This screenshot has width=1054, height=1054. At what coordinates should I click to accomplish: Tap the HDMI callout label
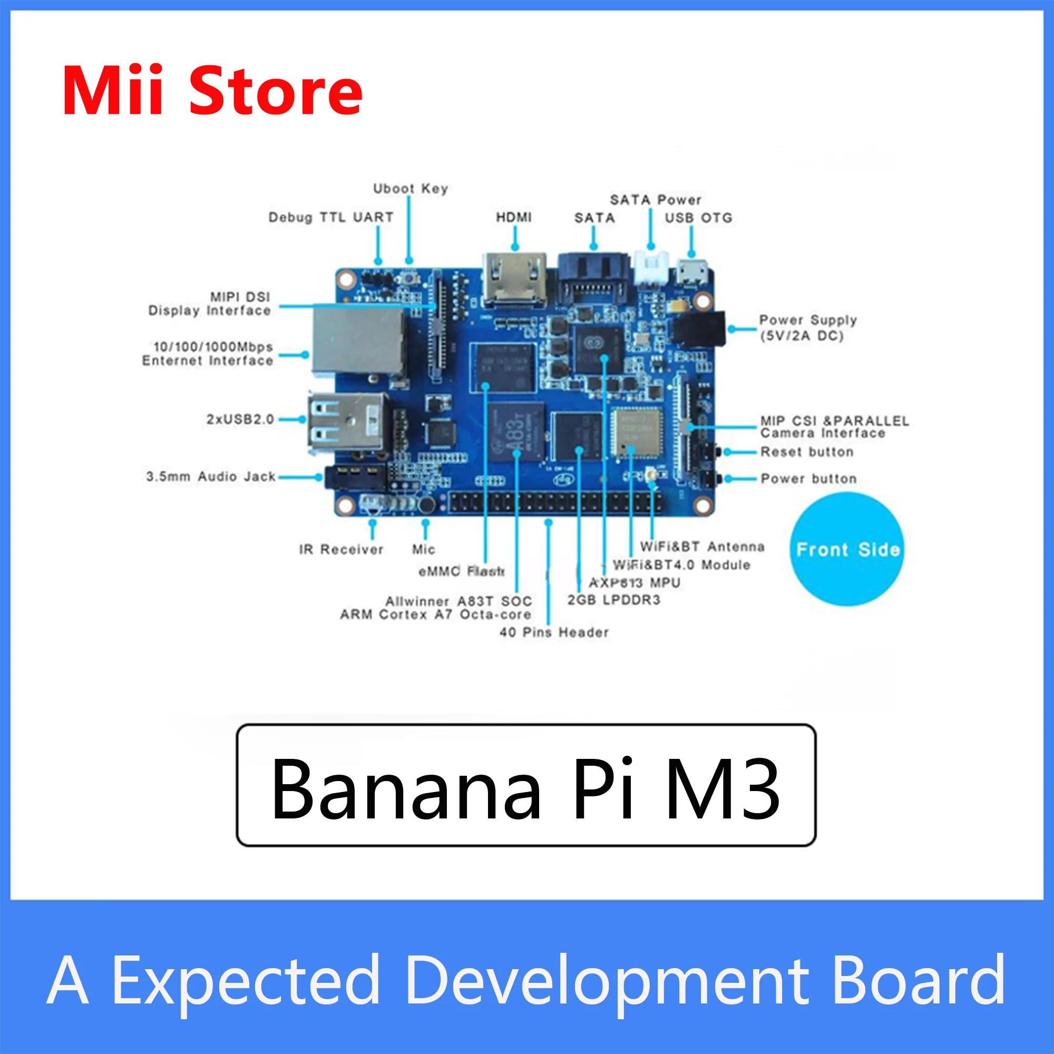pyautogui.click(x=513, y=217)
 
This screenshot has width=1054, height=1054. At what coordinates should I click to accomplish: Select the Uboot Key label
pyautogui.click(x=410, y=189)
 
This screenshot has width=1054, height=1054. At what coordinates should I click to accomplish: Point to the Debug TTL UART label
pyautogui.click(x=330, y=217)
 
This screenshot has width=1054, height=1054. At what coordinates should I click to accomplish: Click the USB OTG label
pyautogui.click(x=698, y=218)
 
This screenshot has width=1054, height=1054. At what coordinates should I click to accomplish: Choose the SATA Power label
pyautogui.click(x=655, y=200)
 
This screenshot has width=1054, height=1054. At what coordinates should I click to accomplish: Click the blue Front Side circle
pyautogui.click(x=847, y=549)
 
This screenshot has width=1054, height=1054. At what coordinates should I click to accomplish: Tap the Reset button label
pyautogui.click(x=807, y=452)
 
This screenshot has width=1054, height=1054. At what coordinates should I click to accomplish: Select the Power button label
pyautogui.click(x=808, y=479)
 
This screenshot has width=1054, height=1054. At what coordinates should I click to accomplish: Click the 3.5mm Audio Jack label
pyautogui.click(x=211, y=476)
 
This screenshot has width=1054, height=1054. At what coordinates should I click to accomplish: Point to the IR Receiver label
pyautogui.click(x=341, y=549)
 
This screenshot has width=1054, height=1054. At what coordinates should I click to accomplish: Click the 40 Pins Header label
pyautogui.click(x=554, y=632)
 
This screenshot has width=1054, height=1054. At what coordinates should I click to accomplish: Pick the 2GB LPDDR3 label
pyautogui.click(x=614, y=600)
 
